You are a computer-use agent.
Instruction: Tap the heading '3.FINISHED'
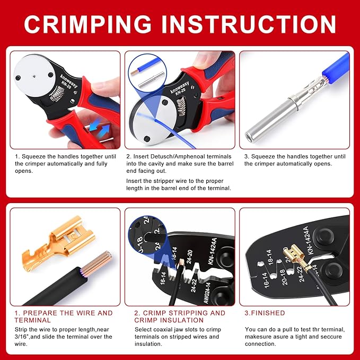[x=265, y=313]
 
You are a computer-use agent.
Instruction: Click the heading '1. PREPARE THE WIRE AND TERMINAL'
[x=64, y=317]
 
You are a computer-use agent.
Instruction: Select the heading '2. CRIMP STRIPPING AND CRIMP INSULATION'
[x=179, y=317]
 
